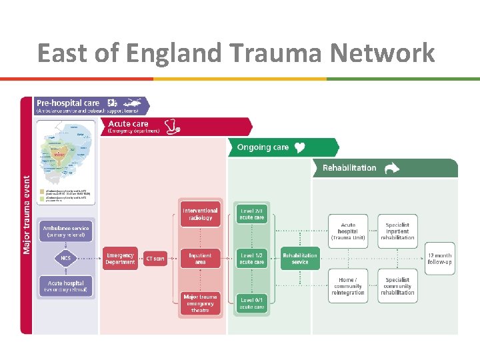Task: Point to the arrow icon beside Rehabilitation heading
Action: [391, 168]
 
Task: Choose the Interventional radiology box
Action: [200, 215]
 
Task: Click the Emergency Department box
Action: [120, 259]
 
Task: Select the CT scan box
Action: [155, 259]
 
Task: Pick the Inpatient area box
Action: [200, 259]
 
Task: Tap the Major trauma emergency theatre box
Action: [200, 303]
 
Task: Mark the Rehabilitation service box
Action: [300, 259]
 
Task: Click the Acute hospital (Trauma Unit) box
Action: [348, 231]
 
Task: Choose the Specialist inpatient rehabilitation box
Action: [397, 231]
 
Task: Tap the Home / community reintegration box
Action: [348, 286]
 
